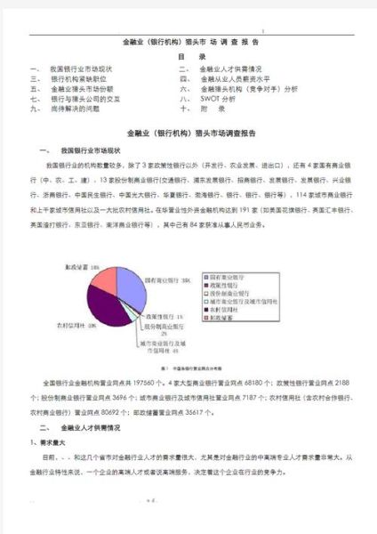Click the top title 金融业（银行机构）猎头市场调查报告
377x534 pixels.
point(189,42)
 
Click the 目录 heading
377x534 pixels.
point(189,55)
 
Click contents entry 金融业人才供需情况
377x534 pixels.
point(230,68)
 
